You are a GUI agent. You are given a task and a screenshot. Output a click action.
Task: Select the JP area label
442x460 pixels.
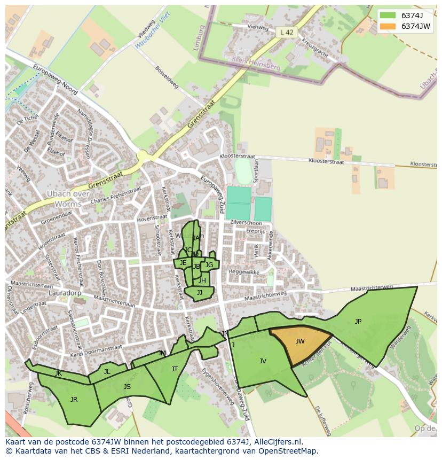point(358,322)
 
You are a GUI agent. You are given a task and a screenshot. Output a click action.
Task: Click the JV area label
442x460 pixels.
point(263,361)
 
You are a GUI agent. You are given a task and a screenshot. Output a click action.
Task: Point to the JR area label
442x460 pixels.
point(74,399)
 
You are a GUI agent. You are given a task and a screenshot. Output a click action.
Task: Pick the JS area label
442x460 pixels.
point(127,387)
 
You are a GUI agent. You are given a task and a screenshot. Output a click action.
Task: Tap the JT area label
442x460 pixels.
point(175,369)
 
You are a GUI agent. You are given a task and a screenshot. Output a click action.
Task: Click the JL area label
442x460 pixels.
point(107,372)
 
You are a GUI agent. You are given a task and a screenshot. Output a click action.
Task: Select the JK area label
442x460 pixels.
point(58,373)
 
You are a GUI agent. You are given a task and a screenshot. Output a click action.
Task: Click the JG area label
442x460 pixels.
point(209,265)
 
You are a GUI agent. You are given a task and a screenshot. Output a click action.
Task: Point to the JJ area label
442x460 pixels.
point(200,293)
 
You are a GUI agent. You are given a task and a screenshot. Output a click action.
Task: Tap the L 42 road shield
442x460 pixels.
point(287,33)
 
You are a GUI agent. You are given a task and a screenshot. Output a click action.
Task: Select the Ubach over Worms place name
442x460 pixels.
point(67,199)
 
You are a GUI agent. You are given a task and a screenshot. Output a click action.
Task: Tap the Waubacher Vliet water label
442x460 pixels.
point(153,30)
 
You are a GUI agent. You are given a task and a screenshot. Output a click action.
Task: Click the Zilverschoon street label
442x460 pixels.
point(247,223)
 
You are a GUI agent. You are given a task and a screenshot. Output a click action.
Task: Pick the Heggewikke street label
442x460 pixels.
point(244,272)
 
